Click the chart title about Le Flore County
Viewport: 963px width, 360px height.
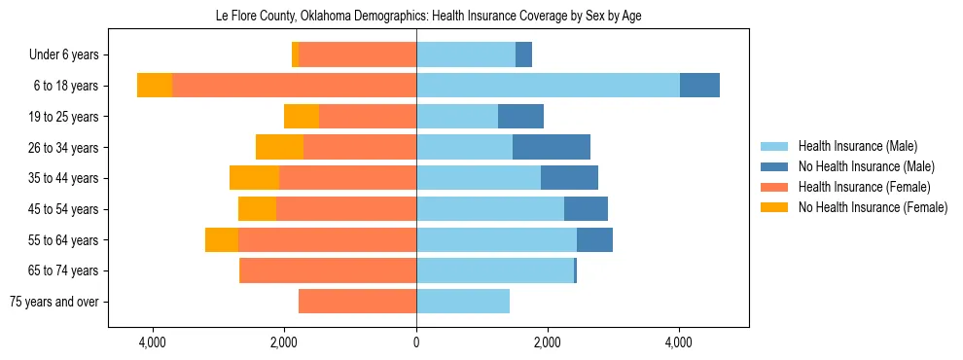[x=428, y=17]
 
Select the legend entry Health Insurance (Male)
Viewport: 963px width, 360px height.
[x=857, y=146]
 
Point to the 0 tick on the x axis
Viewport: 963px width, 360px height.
[x=416, y=342]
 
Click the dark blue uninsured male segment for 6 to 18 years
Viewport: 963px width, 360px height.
[x=699, y=86]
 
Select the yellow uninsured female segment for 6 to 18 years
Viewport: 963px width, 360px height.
[x=155, y=86]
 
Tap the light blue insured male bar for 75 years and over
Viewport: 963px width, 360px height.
[x=463, y=302]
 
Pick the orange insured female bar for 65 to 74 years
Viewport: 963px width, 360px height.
[x=328, y=270]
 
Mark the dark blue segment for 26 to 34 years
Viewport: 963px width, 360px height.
[x=552, y=147]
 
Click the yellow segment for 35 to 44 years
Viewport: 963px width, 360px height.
[x=254, y=178]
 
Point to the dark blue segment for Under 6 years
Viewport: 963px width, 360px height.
[x=523, y=54]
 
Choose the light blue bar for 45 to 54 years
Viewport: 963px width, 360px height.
[x=490, y=209]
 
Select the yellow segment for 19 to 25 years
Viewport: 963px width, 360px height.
[x=302, y=117]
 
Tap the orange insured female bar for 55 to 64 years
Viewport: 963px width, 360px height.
[x=327, y=240]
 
